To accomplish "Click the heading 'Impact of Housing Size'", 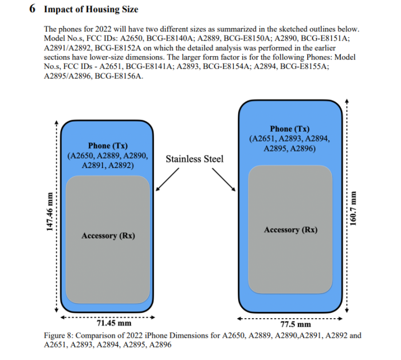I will click(x=91, y=10).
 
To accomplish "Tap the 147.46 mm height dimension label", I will click(x=49, y=211).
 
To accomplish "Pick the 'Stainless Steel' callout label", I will click(x=195, y=159).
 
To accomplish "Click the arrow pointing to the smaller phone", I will click(x=167, y=178).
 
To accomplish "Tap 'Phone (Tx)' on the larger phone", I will click(x=289, y=129).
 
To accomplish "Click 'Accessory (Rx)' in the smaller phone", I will click(x=108, y=236).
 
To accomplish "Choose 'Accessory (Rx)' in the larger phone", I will click(x=290, y=230).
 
